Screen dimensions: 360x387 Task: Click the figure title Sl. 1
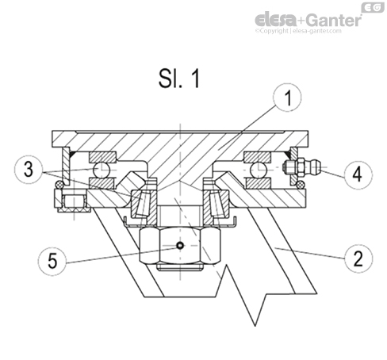[x=179, y=79]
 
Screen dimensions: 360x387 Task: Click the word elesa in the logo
[x=278, y=19]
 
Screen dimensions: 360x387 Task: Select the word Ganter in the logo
[x=336, y=19]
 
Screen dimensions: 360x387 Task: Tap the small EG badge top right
[x=371, y=6]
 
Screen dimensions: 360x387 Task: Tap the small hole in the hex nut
[x=180, y=246]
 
